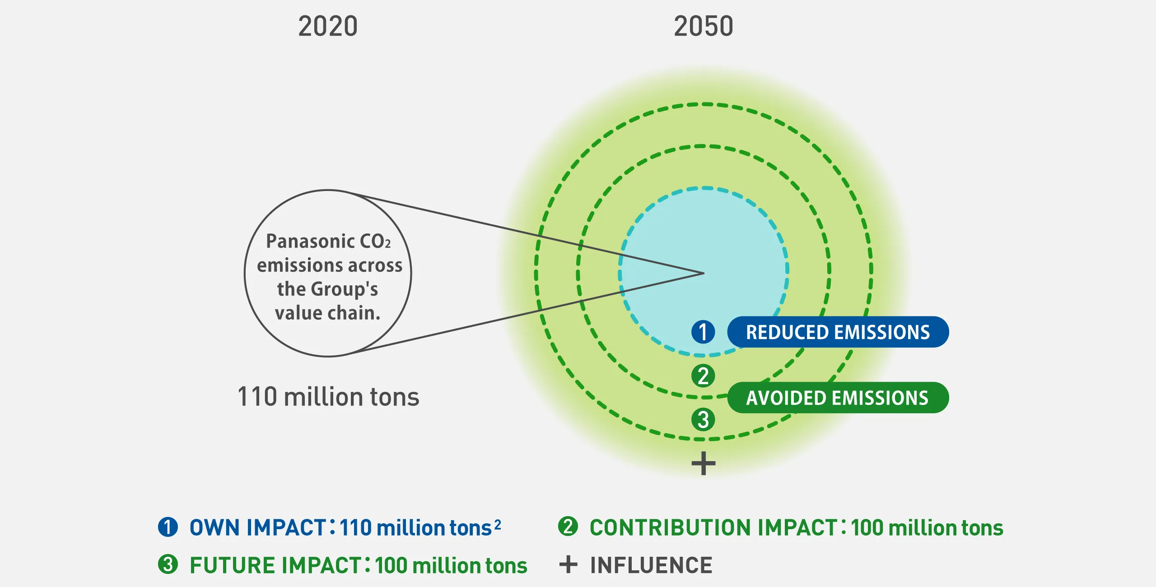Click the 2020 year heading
tap(328, 26)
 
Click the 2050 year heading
tap(703, 26)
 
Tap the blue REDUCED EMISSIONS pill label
tap(838, 332)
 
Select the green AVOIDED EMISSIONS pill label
tap(838, 398)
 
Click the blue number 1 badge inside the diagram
tap(703, 332)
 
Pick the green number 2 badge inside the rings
tap(703, 376)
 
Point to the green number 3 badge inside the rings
tap(703, 419)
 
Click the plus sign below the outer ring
tap(703, 463)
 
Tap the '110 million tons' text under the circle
tap(328, 397)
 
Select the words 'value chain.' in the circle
tap(328, 312)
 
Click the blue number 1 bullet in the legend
tap(168, 527)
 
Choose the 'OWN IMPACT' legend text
tap(259, 527)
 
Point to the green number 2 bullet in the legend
tap(568, 526)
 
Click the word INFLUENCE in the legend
tap(651, 565)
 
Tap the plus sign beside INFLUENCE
tap(568, 564)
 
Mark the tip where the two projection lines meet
tap(703, 273)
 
